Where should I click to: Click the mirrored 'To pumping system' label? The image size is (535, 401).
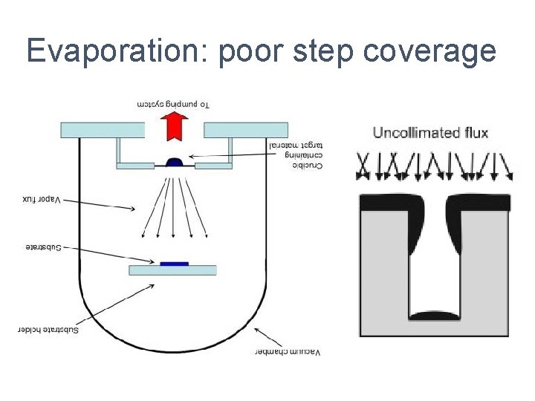pos(173,104)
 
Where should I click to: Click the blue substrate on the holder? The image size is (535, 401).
pos(173,263)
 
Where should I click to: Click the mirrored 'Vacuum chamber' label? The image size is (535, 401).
pos(287,351)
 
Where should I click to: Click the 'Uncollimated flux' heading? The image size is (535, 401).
pos(430,133)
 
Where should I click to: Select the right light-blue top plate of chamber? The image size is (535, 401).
pos(244,130)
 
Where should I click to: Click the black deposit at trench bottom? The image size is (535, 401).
pos(434,316)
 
